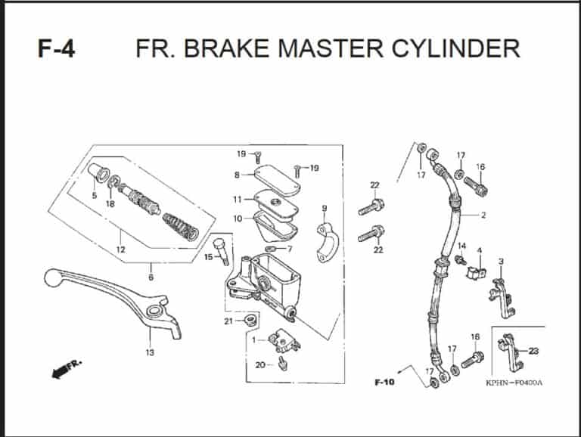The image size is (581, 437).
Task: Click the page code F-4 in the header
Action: (x=56, y=49)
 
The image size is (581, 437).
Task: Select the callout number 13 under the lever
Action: (x=149, y=352)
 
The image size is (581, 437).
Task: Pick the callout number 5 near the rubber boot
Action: (x=95, y=196)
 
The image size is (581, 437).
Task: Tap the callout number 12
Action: (x=120, y=249)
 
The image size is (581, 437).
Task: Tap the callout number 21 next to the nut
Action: (x=228, y=321)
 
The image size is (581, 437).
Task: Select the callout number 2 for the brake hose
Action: (x=483, y=215)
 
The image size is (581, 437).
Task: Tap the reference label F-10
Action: (x=384, y=383)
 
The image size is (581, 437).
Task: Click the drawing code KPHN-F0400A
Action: (x=514, y=383)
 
